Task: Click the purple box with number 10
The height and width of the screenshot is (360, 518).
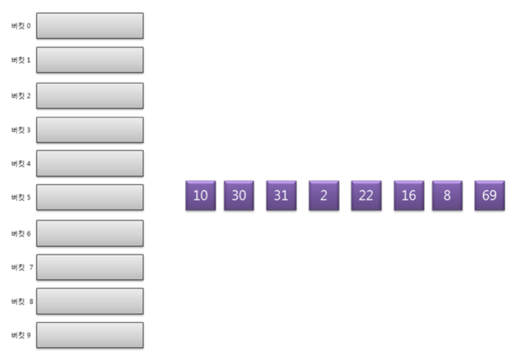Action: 200,195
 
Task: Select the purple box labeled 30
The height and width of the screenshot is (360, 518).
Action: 239,195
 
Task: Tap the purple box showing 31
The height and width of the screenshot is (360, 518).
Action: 281,195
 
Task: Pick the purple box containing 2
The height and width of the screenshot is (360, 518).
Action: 324,195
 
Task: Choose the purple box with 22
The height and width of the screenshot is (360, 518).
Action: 366,195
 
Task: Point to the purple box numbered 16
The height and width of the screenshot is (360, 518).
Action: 409,195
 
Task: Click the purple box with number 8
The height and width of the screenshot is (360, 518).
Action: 447,195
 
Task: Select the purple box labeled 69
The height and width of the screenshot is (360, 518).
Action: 489,195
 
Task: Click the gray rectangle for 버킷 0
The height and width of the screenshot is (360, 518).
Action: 89,25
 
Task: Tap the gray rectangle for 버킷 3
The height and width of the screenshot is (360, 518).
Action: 89,130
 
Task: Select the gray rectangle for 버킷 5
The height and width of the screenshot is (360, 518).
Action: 89,197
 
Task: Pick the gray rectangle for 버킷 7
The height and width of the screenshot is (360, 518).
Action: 89,267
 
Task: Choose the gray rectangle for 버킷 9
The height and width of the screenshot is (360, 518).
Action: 89,335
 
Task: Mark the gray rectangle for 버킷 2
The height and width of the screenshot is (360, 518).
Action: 89,96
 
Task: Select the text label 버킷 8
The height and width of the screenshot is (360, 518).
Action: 22,301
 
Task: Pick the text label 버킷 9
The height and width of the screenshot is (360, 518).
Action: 21,335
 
